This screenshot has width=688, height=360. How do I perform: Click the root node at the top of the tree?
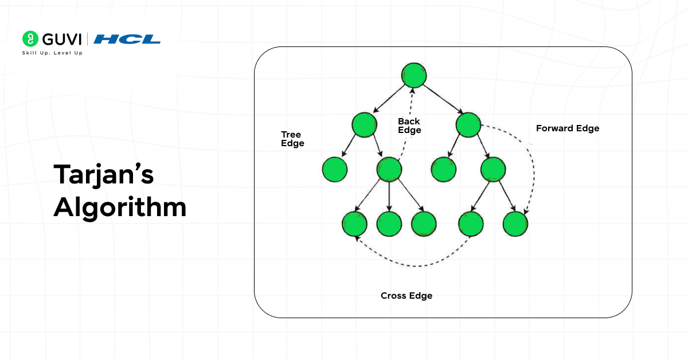[x=413, y=75]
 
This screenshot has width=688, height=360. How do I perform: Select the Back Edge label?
[x=409, y=126]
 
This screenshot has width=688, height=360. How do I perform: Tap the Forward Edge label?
[x=568, y=128]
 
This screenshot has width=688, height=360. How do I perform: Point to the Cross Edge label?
[x=406, y=296]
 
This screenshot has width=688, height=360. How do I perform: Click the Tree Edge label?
[x=292, y=139]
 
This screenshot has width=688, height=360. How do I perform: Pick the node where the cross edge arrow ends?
[x=354, y=224]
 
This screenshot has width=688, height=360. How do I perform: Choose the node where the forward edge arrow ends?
[x=515, y=224]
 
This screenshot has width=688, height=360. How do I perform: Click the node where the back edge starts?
[x=389, y=169]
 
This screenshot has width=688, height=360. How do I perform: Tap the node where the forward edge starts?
[x=468, y=125]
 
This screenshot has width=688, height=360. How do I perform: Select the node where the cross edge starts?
[x=471, y=224]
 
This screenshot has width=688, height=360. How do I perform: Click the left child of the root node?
[x=365, y=125]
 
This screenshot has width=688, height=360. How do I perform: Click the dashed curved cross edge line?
[x=413, y=265]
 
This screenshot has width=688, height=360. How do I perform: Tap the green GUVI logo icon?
[x=29, y=39]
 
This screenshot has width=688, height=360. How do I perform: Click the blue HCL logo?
[x=127, y=39]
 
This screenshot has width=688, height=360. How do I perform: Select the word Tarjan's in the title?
[x=104, y=175]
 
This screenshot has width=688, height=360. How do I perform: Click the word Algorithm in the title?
[x=120, y=207]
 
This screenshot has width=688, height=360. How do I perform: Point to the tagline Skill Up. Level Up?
[x=52, y=53]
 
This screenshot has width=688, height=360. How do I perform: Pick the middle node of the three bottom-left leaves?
[x=389, y=224]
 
